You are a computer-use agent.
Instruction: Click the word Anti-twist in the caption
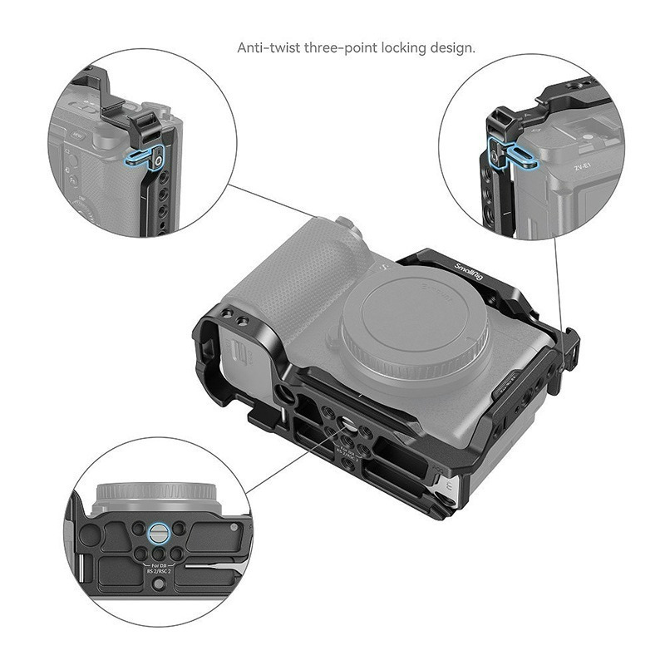[268, 47]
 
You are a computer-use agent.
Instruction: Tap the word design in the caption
[451, 47]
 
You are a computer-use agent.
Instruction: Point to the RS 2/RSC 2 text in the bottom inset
[159, 573]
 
